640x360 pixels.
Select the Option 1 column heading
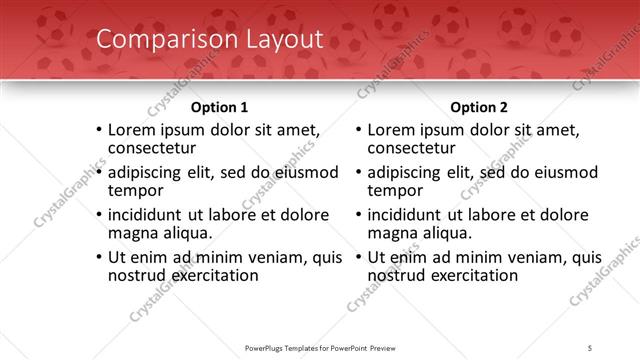[x=219, y=107]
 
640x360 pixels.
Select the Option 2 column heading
[x=478, y=107]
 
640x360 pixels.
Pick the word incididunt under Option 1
[x=150, y=214]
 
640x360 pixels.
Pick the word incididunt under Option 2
[x=410, y=214]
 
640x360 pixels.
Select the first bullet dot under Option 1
[x=97, y=131]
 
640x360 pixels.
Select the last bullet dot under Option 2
[x=357, y=257]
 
